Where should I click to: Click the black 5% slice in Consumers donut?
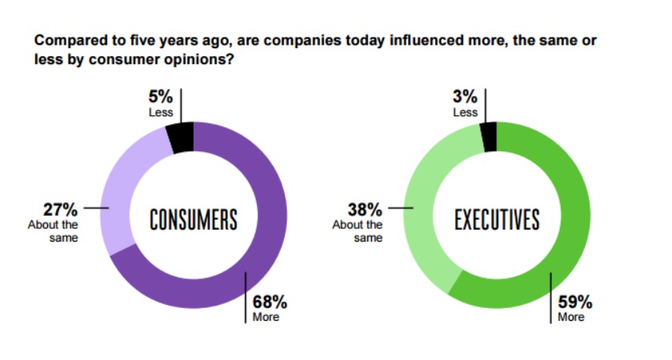click(181, 137)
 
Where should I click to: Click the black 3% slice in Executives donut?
click(489, 136)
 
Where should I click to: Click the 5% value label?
click(160, 98)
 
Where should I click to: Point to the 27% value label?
click(61, 210)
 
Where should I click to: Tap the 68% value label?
click(270, 302)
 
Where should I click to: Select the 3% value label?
click(465, 98)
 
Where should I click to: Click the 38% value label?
click(366, 210)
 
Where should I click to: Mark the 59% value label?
click(574, 302)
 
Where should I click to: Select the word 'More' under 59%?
click(571, 318)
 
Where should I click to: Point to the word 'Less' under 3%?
click(465, 113)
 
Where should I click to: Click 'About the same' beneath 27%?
click(54, 230)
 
